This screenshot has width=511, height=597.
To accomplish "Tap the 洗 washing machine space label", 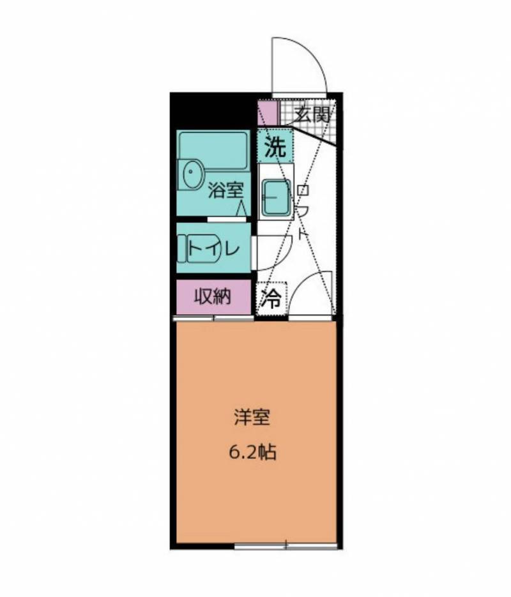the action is tap(275, 147).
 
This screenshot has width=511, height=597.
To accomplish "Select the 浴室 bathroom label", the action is tap(225, 190).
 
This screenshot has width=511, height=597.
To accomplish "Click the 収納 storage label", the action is tap(213, 296).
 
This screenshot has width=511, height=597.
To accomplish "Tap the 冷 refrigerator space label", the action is tap(271, 299).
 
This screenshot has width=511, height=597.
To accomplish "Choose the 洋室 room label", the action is tap(252, 417).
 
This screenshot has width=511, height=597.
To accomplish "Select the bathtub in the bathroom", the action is tap(213, 151).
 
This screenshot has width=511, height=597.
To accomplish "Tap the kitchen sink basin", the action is tap(276, 197).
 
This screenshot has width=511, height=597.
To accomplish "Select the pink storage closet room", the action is tap(213, 297).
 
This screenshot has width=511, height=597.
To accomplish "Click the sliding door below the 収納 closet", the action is tap(213, 318).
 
